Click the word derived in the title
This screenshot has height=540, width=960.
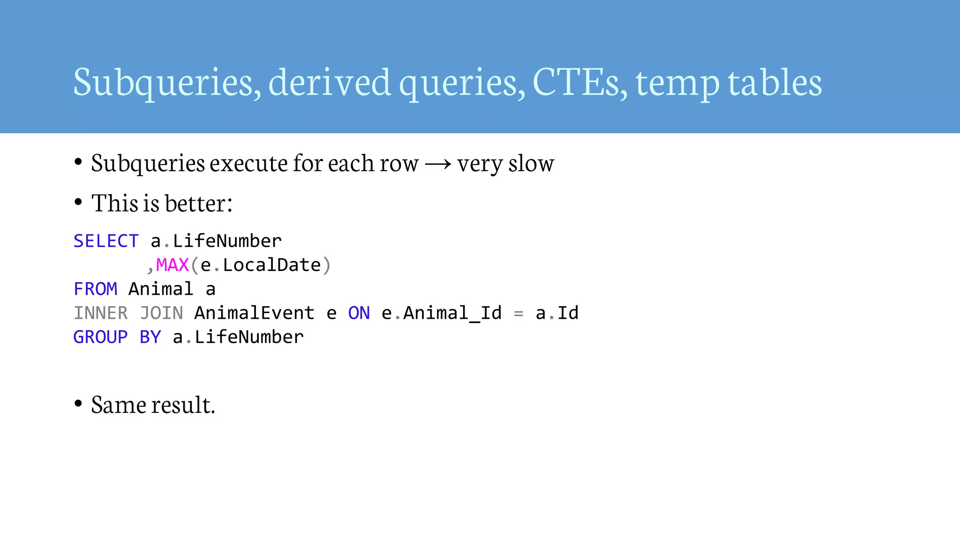click(330, 82)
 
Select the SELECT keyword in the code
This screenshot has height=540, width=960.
click(106, 241)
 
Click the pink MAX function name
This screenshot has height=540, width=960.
click(172, 265)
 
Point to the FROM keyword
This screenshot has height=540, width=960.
click(95, 289)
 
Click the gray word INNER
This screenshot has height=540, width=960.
click(101, 313)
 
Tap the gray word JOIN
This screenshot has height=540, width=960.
click(161, 313)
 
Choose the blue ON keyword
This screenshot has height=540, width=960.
click(359, 313)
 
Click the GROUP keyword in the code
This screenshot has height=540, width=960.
click(100, 337)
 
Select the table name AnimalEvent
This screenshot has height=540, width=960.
click(254, 313)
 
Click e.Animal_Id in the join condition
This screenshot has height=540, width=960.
click(442, 313)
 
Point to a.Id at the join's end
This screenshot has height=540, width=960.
click(557, 313)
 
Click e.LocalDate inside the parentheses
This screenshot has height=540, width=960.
click(261, 265)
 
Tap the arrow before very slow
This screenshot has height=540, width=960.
click(438, 164)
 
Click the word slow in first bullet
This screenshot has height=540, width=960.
click(531, 164)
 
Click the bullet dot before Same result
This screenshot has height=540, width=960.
click(78, 403)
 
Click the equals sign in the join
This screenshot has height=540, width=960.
click(518, 314)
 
